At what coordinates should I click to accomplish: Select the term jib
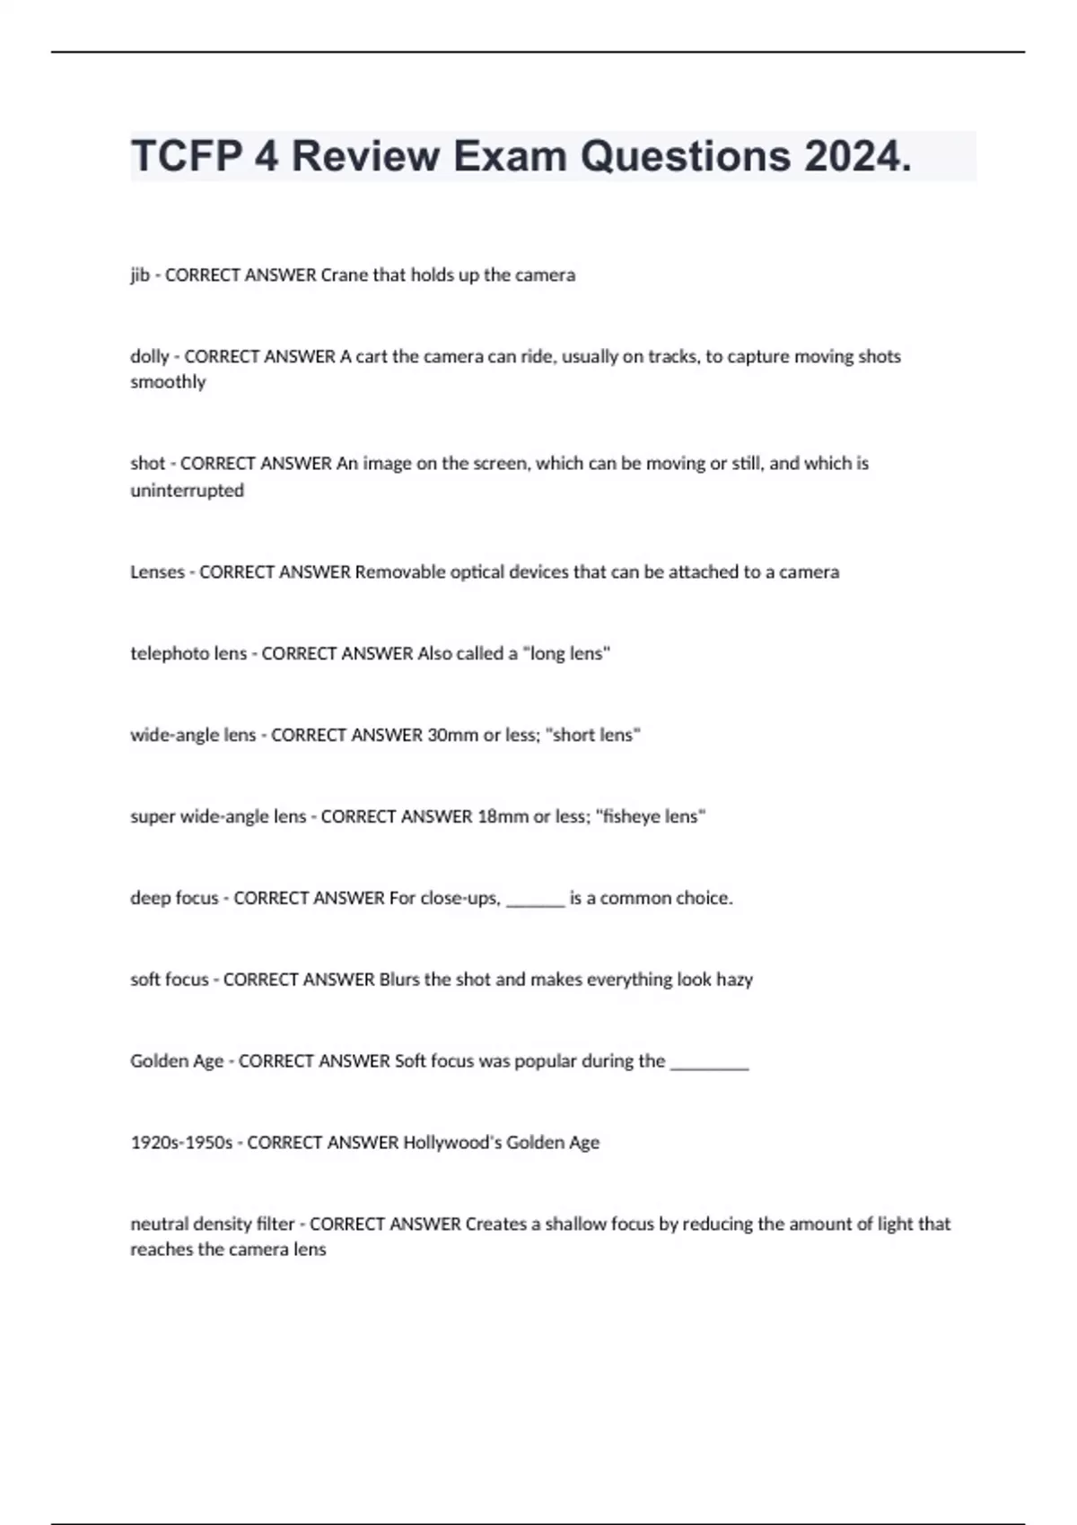click(140, 275)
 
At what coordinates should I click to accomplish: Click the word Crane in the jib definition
click(344, 275)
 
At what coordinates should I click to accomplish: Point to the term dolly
click(149, 356)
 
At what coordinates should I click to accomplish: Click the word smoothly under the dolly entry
click(168, 382)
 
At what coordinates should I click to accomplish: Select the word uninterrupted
click(187, 491)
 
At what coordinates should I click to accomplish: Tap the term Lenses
click(157, 572)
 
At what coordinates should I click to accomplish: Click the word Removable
click(395, 572)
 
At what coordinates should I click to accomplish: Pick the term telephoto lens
click(188, 654)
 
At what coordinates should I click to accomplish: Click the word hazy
click(734, 980)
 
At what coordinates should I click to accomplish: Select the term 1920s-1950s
click(181, 1143)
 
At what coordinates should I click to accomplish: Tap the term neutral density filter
click(212, 1224)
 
